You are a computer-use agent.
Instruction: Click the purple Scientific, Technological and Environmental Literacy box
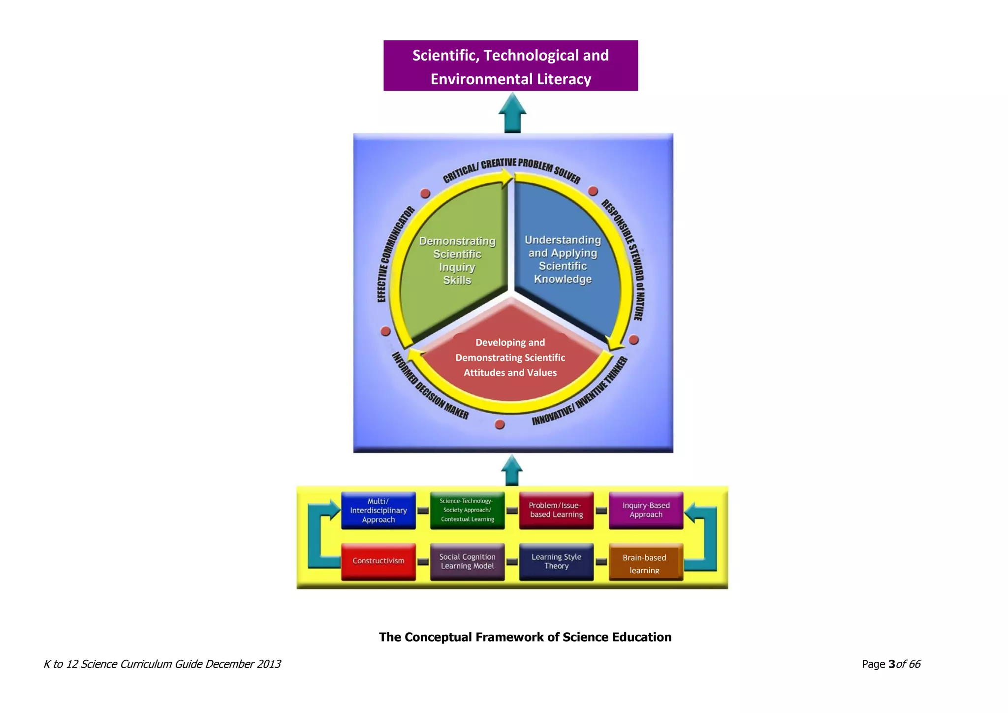pyautogui.click(x=510, y=66)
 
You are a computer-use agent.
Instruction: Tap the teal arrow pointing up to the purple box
pyautogui.click(x=512, y=114)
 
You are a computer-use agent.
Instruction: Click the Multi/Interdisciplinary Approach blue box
pyautogui.click(x=378, y=511)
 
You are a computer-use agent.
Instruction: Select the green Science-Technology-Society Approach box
pyautogui.click(x=467, y=511)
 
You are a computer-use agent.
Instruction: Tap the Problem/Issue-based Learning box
pyautogui.click(x=556, y=511)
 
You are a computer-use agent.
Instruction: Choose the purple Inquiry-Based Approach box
pyautogui.click(x=646, y=511)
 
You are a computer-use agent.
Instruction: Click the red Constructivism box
pyautogui.click(x=378, y=561)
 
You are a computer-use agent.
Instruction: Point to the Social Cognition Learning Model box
pyautogui.click(x=467, y=561)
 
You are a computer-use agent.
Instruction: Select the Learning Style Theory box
pyautogui.click(x=556, y=561)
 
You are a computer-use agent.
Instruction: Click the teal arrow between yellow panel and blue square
pyautogui.click(x=512, y=471)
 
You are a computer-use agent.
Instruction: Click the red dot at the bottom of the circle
pyautogui.click(x=500, y=424)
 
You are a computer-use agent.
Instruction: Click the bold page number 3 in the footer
pyautogui.click(x=891, y=664)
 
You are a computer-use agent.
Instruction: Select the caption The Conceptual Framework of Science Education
pyautogui.click(x=525, y=637)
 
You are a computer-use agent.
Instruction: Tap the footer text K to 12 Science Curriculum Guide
pyautogui.click(x=162, y=664)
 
